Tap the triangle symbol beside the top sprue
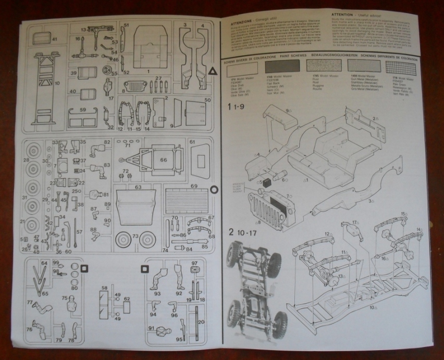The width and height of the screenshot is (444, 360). pyautogui.click(x=212, y=71)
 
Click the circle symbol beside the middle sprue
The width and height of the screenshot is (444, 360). pyautogui.click(x=213, y=191)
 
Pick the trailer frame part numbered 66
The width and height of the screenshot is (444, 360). pyautogui.click(x=157, y=160)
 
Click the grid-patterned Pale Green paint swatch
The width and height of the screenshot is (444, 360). pyautogui.click(x=400, y=68)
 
